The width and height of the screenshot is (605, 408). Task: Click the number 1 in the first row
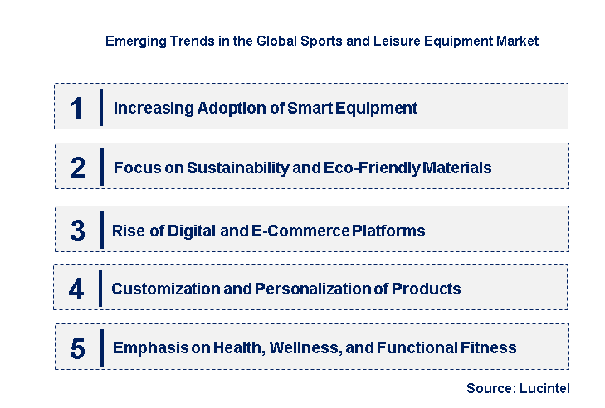click(x=77, y=108)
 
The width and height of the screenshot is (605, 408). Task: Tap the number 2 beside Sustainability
click(x=78, y=168)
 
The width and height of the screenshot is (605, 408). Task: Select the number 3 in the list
click(x=77, y=231)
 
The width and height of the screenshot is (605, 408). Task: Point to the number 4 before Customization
click(x=76, y=289)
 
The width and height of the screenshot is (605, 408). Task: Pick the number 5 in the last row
click(x=77, y=348)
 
